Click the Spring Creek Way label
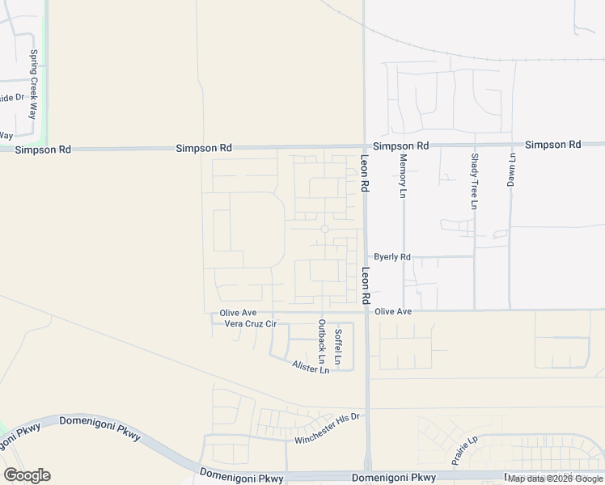click(x=34, y=84)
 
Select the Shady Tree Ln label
click(x=474, y=181)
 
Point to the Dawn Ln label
click(x=511, y=171)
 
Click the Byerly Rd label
click(x=392, y=257)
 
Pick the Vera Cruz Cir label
click(x=250, y=324)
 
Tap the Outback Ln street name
click(x=322, y=340)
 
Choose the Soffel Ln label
click(x=339, y=344)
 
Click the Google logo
click(x=27, y=475)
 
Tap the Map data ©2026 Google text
click(x=555, y=479)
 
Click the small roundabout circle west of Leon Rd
click(x=324, y=230)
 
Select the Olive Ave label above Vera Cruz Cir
click(x=238, y=313)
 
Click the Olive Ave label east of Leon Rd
click(x=393, y=311)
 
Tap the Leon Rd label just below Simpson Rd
click(x=365, y=173)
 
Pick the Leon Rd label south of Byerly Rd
click(x=366, y=285)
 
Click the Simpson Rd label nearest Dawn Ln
click(x=552, y=145)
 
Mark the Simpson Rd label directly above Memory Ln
click(x=400, y=145)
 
